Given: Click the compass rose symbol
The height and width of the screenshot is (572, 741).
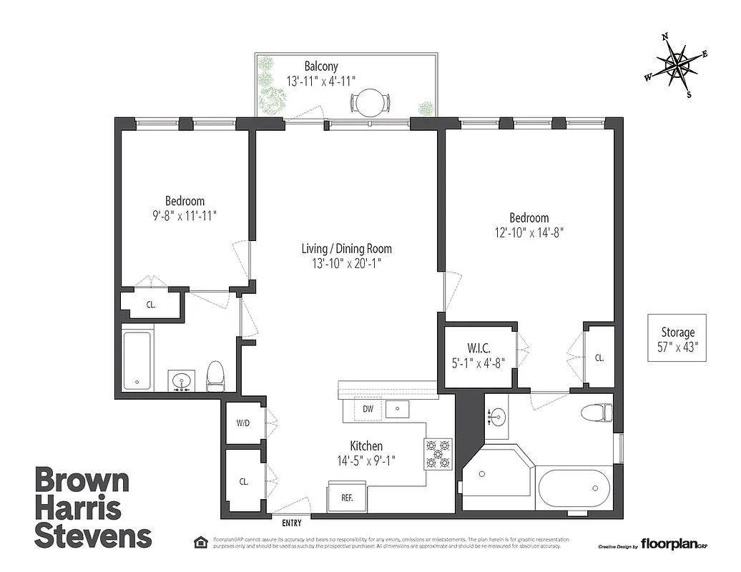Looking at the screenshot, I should (x=676, y=65).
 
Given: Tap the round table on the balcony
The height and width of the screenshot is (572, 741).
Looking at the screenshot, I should (x=370, y=103).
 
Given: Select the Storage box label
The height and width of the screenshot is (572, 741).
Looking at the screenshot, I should (x=677, y=332).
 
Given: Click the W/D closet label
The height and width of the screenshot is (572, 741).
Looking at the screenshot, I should (x=243, y=423).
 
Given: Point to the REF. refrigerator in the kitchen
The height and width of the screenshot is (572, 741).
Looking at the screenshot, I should (x=347, y=498).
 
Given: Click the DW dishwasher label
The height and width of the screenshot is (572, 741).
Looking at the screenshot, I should (x=368, y=409).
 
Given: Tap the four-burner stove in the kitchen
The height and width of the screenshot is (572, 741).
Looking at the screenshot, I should (x=438, y=453).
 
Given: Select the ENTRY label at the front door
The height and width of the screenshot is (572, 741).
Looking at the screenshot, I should (x=291, y=523).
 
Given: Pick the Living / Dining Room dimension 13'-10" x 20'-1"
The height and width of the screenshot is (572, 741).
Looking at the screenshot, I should (x=346, y=264).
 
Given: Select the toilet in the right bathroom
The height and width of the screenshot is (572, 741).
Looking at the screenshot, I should (x=596, y=413).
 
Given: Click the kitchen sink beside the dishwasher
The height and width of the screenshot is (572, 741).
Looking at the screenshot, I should (x=397, y=409).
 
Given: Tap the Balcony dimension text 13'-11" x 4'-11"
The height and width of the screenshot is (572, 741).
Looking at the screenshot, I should (x=320, y=82).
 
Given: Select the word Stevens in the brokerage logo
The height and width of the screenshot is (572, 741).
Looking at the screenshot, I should (x=93, y=536).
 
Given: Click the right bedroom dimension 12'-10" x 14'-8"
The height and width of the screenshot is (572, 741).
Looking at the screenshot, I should (x=529, y=232).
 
